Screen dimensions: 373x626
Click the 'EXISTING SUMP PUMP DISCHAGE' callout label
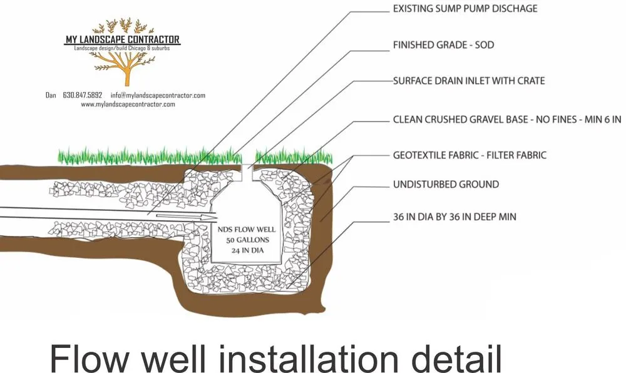[464, 9]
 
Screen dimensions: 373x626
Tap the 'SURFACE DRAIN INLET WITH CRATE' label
[468, 81]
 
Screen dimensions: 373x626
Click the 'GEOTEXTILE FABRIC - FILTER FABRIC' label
[469, 155]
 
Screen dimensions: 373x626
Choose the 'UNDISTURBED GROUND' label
[446, 185]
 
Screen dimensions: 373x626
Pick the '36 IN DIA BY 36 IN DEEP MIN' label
[454, 217]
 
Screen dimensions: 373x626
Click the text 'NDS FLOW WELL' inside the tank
[238, 230]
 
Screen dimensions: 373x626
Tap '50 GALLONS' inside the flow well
[238, 241]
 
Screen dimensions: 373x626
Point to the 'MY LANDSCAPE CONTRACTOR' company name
[123, 40]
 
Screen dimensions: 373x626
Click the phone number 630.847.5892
[83, 95]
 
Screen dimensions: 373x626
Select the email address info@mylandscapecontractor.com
[158, 95]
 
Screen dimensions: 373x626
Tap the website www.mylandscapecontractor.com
[128, 105]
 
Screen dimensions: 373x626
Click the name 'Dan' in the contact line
[51, 95]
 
